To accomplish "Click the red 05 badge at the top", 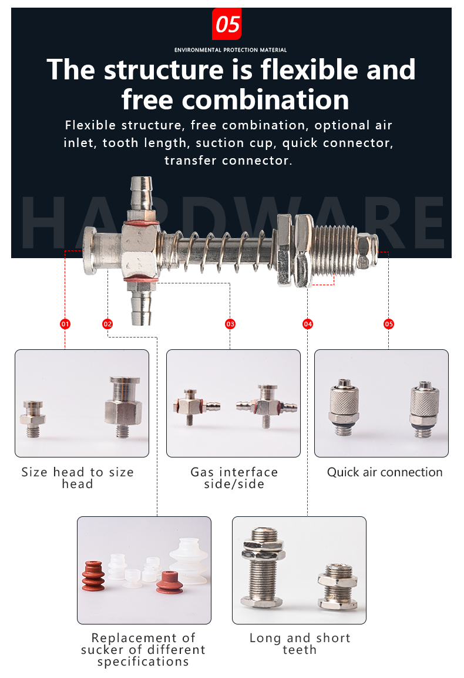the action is click(x=227, y=24).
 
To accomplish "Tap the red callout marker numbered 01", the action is click(x=65, y=324).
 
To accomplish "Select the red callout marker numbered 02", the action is click(x=107, y=324).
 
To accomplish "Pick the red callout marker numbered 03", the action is click(x=230, y=324).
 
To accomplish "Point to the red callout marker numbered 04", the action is click(x=308, y=324).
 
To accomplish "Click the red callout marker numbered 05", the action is click(x=389, y=324).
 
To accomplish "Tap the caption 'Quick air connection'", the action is click(x=385, y=472).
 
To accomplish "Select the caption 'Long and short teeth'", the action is click(x=300, y=644).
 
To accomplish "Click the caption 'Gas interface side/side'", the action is click(x=234, y=478).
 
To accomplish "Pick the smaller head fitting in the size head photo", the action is click(x=32, y=419).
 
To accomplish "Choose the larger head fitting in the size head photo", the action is click(x=123, y=406).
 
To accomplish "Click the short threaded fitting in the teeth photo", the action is click(x=338, y=587).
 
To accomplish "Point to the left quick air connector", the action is click(x=344, y=407).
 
